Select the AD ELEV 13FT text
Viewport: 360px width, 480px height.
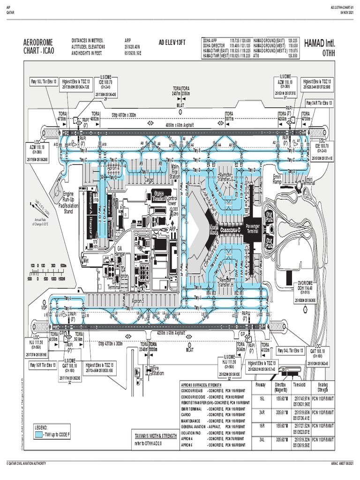click(172, 42)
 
